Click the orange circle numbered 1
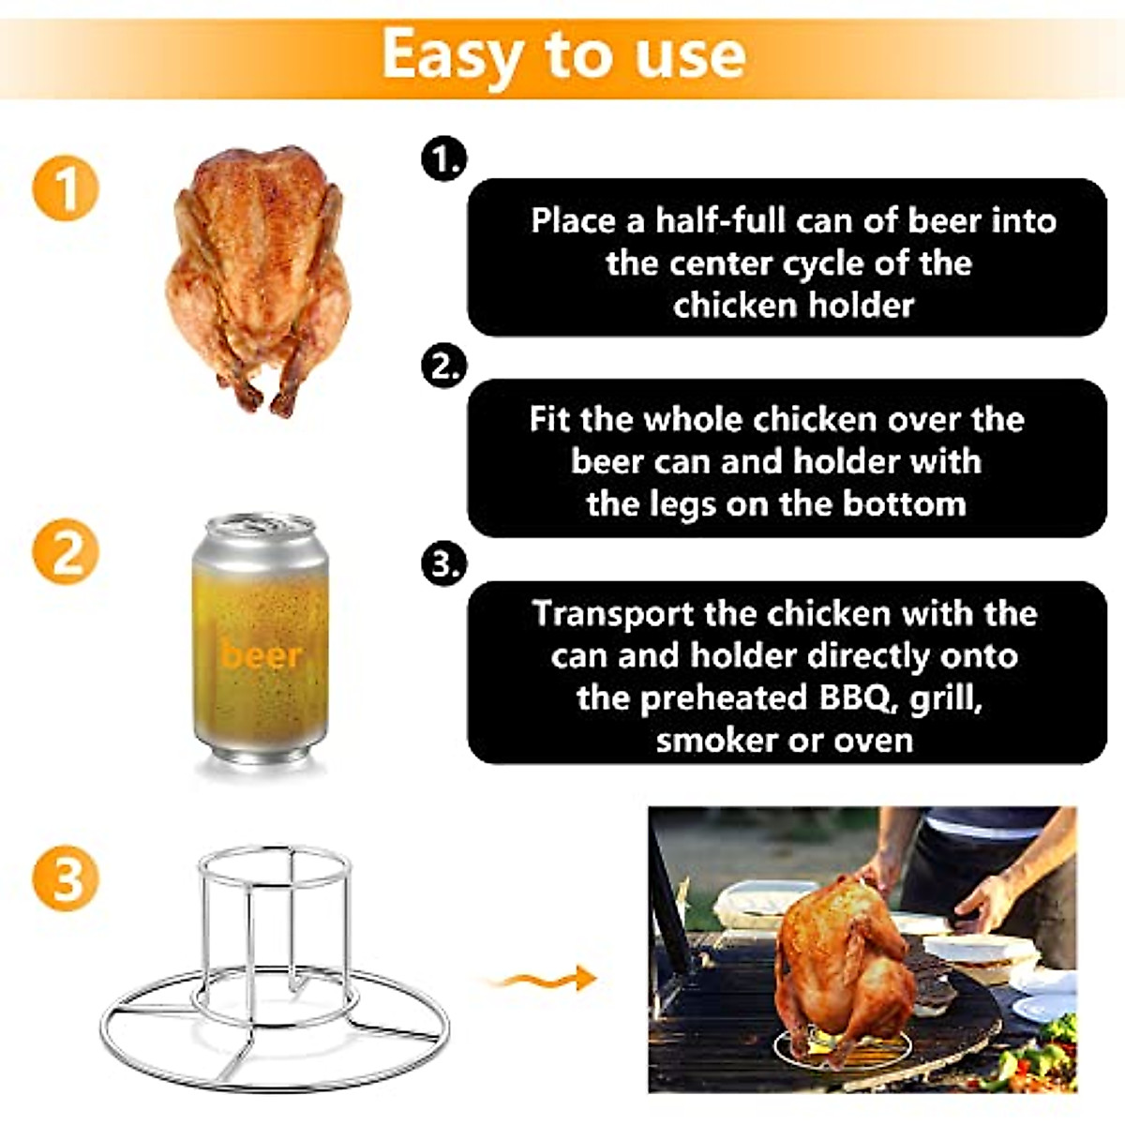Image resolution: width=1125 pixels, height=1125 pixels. pyautogui.click(x=67, y=187)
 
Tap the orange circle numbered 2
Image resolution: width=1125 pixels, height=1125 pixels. pyautogui.click(x=67, y=551)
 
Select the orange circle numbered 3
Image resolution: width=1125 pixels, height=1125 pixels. pyautogui.click(x=67, y=878)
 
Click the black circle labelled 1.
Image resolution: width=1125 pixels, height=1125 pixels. pyautogui.click(x=444, y=160)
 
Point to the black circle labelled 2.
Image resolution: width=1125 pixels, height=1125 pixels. pyautogui.click(x=444, y=365)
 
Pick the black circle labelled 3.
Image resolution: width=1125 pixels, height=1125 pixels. pyautogui.click(x=444, y=564)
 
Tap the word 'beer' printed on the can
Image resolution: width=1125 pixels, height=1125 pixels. pyautogui.click(x=262, y=653)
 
